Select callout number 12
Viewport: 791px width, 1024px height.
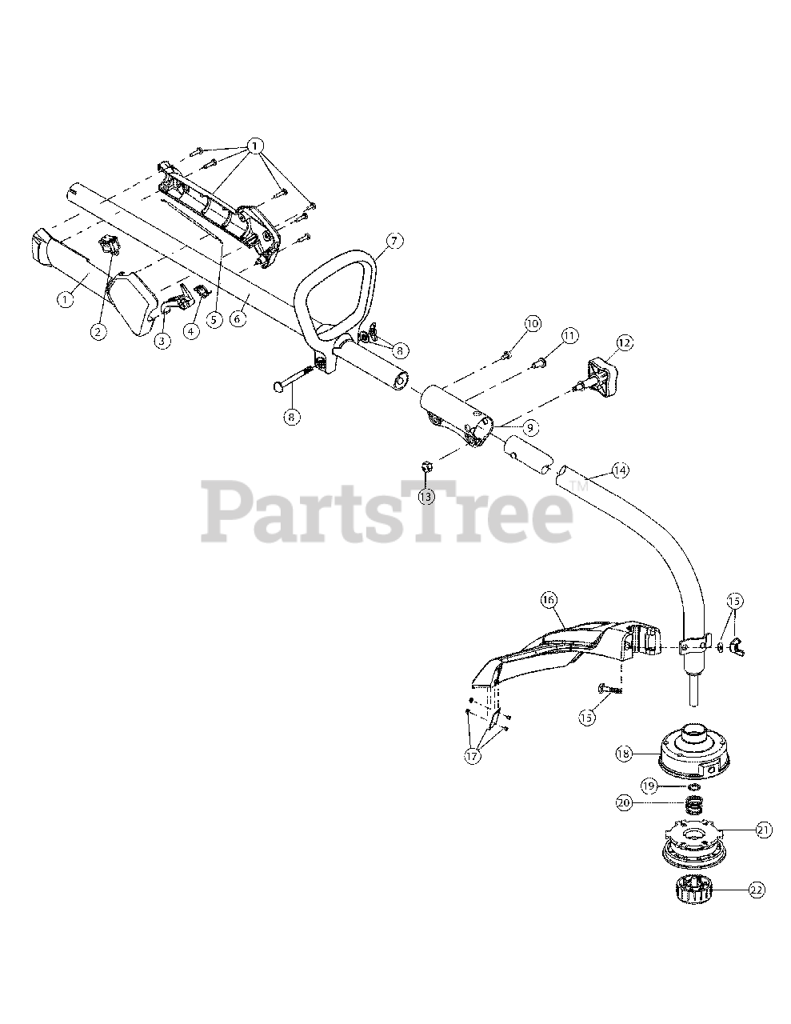pyautogui.click(x=624, y=343)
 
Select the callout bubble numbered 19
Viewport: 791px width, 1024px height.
pyautogui.click(x=649, y=786)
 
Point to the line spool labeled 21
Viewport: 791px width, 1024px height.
pyautogui.click(x=694, y=843)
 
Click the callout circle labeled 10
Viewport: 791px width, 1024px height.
pyautogui.click(x=533, y=323)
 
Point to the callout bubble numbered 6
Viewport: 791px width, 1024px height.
pyautogui.click(x=237, y=318)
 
